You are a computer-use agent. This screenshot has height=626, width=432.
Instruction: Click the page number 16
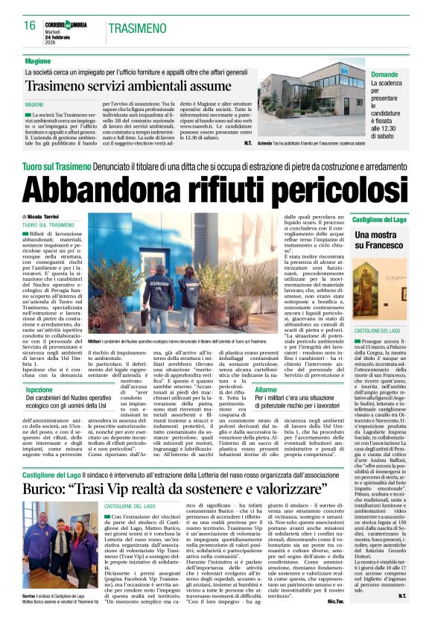(30, 25)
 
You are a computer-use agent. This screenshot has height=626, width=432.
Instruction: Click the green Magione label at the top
(38, 60)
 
